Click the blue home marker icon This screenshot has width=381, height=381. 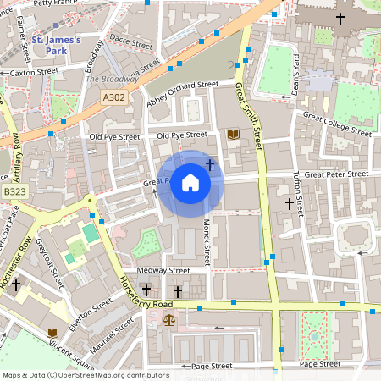(190, 183)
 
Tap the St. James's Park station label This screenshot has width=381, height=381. (56, 46)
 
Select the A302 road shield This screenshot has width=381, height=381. (114, 99)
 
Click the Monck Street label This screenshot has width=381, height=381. (206, 237)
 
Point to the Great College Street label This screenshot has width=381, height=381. (337, 124)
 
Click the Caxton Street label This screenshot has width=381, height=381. (34, 73)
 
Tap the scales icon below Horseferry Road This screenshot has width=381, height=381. (170, 321)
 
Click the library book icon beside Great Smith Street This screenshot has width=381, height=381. (234, 135)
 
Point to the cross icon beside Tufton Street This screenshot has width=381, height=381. (290, 204)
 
